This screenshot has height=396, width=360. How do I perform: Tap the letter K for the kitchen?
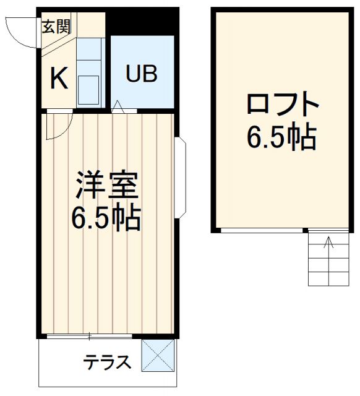tap(58, 79)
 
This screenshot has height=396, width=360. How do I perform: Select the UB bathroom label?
tap(142, 74)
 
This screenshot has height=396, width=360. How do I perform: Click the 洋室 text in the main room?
tap(106, 184)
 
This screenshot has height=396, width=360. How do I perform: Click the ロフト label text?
tap(282, 105)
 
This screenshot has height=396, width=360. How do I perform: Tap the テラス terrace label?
tap(108, 361)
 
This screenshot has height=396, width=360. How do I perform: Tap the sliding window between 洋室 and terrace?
tap(90, 336)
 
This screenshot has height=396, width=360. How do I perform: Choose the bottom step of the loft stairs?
tap(328, 279)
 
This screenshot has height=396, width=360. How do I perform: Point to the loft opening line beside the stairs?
tap(262, 230)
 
